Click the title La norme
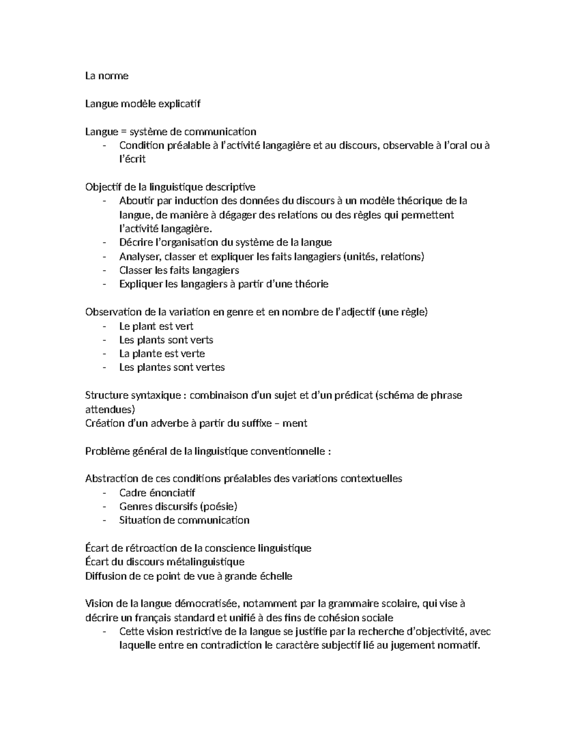pos(107,76)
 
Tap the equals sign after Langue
pos(123,132)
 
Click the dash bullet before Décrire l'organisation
pos(104,243)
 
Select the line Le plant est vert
pos(156,326)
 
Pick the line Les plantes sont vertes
pos(172,368)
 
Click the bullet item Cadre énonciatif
pos(157,493)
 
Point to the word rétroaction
pos(151,548)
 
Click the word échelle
pos(276,576)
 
